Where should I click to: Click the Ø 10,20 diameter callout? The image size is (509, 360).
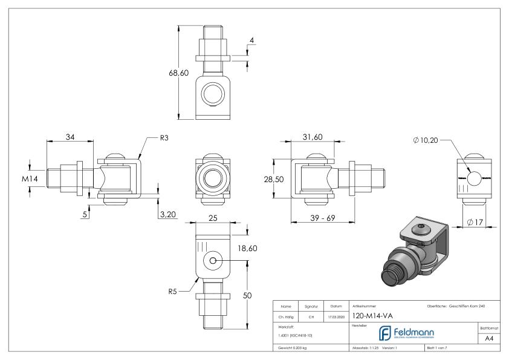pos(427,140)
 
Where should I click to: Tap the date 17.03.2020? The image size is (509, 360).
pos(337,315)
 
